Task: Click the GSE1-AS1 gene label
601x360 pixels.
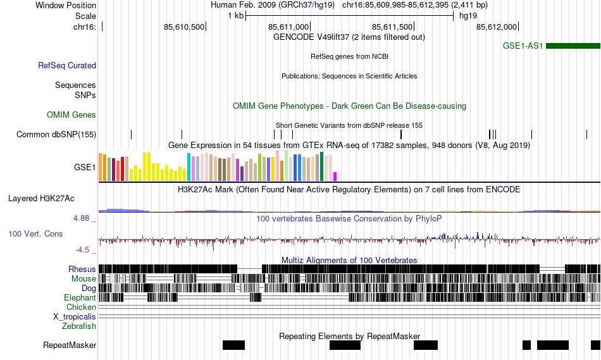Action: [x=523, y=46]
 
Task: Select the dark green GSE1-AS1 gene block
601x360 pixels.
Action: [x=573, y=46]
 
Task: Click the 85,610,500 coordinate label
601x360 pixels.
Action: [x=184, y=27]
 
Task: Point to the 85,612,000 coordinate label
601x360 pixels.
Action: [x=497, y=27]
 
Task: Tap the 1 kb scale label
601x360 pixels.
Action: [x=235, y=16]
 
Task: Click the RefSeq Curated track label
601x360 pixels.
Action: [x=67, y=65]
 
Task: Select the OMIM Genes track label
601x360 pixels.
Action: [x=71, y=115]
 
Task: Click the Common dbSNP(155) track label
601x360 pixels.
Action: [x=56, y=134]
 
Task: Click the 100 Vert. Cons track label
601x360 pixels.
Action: [x=35, y=233]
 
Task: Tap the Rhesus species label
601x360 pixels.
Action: [x=82, y=269]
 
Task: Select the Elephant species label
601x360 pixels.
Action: [x=80, y=297]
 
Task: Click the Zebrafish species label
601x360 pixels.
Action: [x=79, y=326]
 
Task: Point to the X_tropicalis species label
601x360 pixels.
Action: [x=75, y=316]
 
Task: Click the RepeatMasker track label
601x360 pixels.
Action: [x=70, y=345]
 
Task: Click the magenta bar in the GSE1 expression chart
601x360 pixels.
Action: [x=335, y=176]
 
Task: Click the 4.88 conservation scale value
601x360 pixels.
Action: [x=82, y=218]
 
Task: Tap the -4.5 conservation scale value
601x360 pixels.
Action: [x=84, y=249]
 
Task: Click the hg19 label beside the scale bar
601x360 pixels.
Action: [x=468, y=16]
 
